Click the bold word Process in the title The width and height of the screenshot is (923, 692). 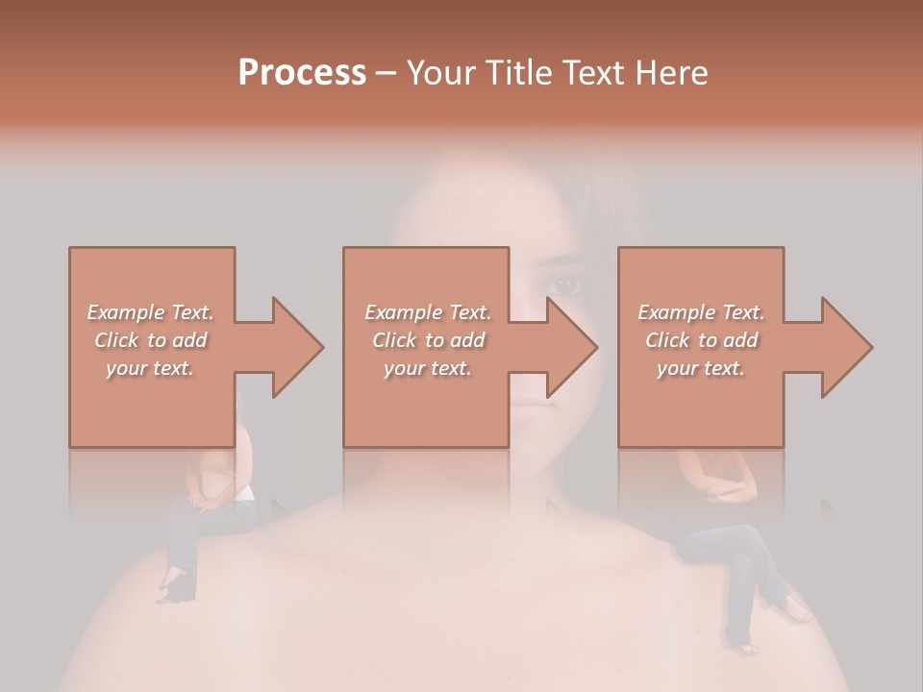[302, 72]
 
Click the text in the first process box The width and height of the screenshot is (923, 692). [151, 340]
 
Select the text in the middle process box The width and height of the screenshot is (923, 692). [427, 340]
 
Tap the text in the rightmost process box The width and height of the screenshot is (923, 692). [701, 340]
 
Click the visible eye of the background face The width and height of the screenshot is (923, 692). [564, 284]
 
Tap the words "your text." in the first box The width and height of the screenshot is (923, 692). [151, 368]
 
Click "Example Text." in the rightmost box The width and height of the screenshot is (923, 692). [701, 312]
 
